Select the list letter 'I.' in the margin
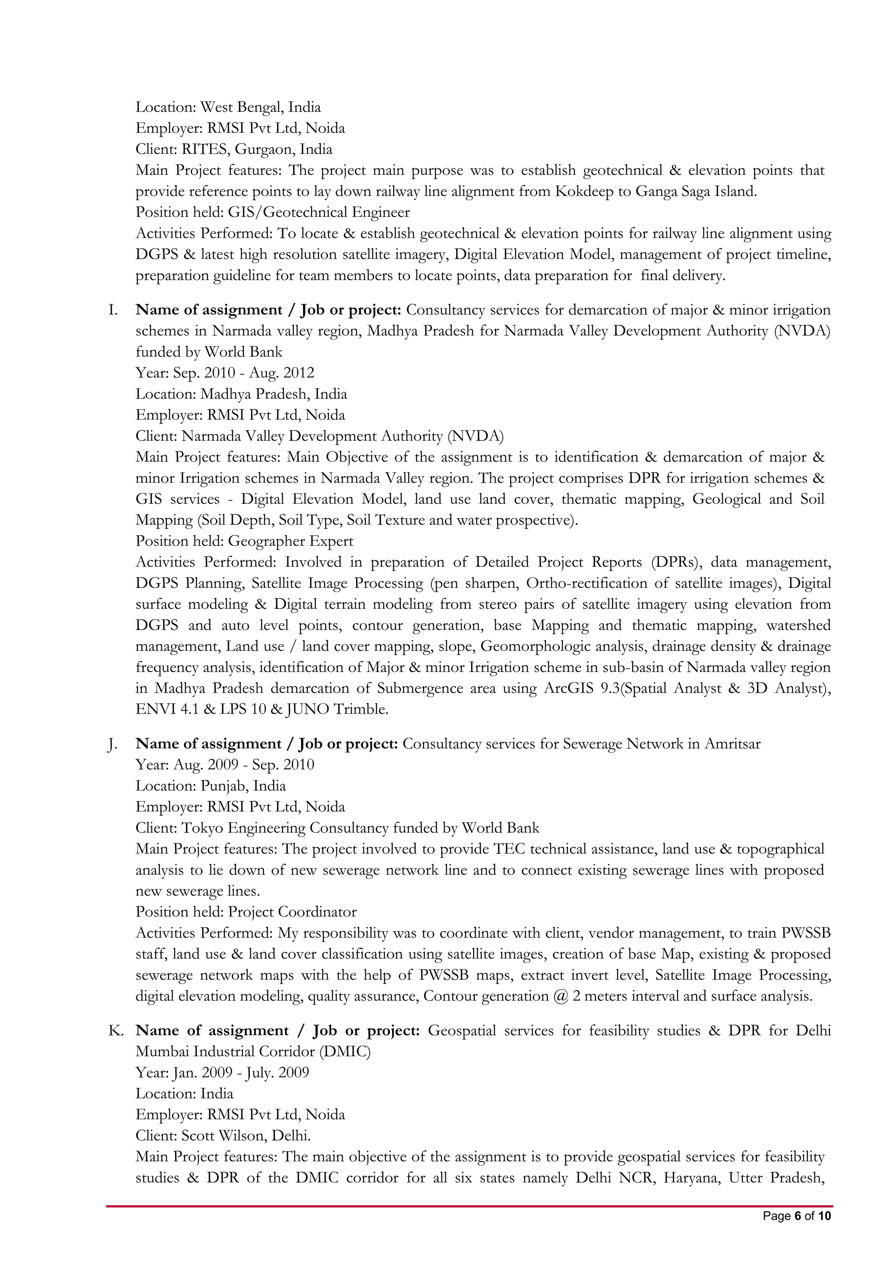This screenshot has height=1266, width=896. click(x=112, y=310)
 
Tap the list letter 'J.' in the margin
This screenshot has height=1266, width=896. click(x=112, y=744)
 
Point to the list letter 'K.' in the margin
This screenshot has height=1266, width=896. click(x=115, y=1031)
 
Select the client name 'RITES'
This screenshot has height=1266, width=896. click(x=204, y=150)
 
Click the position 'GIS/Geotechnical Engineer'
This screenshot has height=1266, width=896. click(x=319, y=212)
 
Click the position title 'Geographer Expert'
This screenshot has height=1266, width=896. click(x=291, y=541)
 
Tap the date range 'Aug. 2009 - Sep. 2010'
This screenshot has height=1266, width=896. click(x=244, y=765)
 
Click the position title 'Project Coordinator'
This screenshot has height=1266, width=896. click(x=292, y=912)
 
